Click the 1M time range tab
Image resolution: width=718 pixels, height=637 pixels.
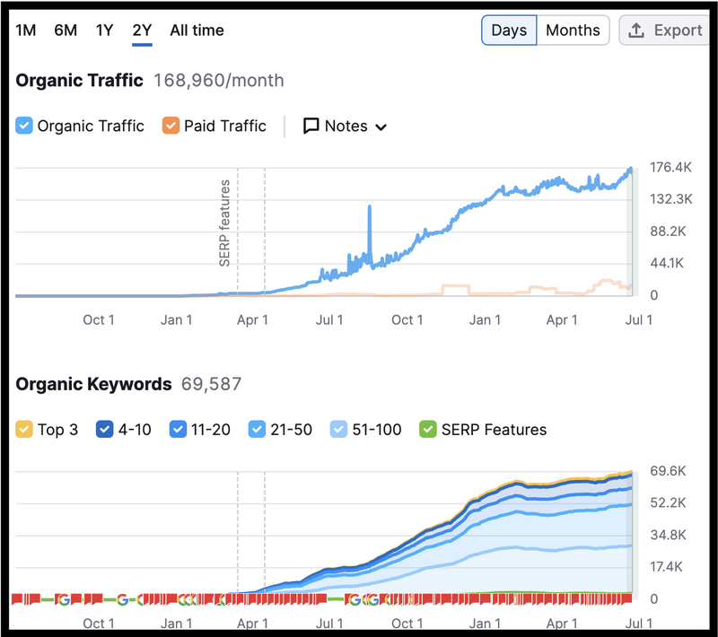click(x=26, y=31)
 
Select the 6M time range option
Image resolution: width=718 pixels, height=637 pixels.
click(x=66, y=31)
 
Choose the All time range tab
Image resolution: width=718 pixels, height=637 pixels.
click(x=197, y=31)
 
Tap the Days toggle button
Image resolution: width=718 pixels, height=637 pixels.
click(x=509, y=31)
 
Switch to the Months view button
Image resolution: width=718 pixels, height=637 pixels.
click(x=573, y=31)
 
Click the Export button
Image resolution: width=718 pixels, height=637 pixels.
click(x=665, y=31)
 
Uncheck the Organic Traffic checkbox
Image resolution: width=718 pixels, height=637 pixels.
click(x=25, y=127)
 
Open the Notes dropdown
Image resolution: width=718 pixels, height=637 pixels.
click(x=346, y=127)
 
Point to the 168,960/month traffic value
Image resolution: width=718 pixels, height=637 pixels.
click(x=219, y=81)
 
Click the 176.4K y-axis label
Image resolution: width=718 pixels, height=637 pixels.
click(x=670, y=167)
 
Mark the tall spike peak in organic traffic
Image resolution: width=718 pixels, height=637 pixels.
click(x=369, y=207)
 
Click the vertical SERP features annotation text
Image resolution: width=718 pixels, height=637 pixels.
click(x=225, y=223)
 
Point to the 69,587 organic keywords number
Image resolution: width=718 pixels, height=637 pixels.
click(x=212, y=385)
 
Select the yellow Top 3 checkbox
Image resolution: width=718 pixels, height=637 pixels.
click(x=25, y=430)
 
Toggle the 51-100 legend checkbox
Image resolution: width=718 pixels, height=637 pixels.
click(x=339, y=430)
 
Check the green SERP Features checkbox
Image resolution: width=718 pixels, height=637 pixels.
click(x=428, y=430)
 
